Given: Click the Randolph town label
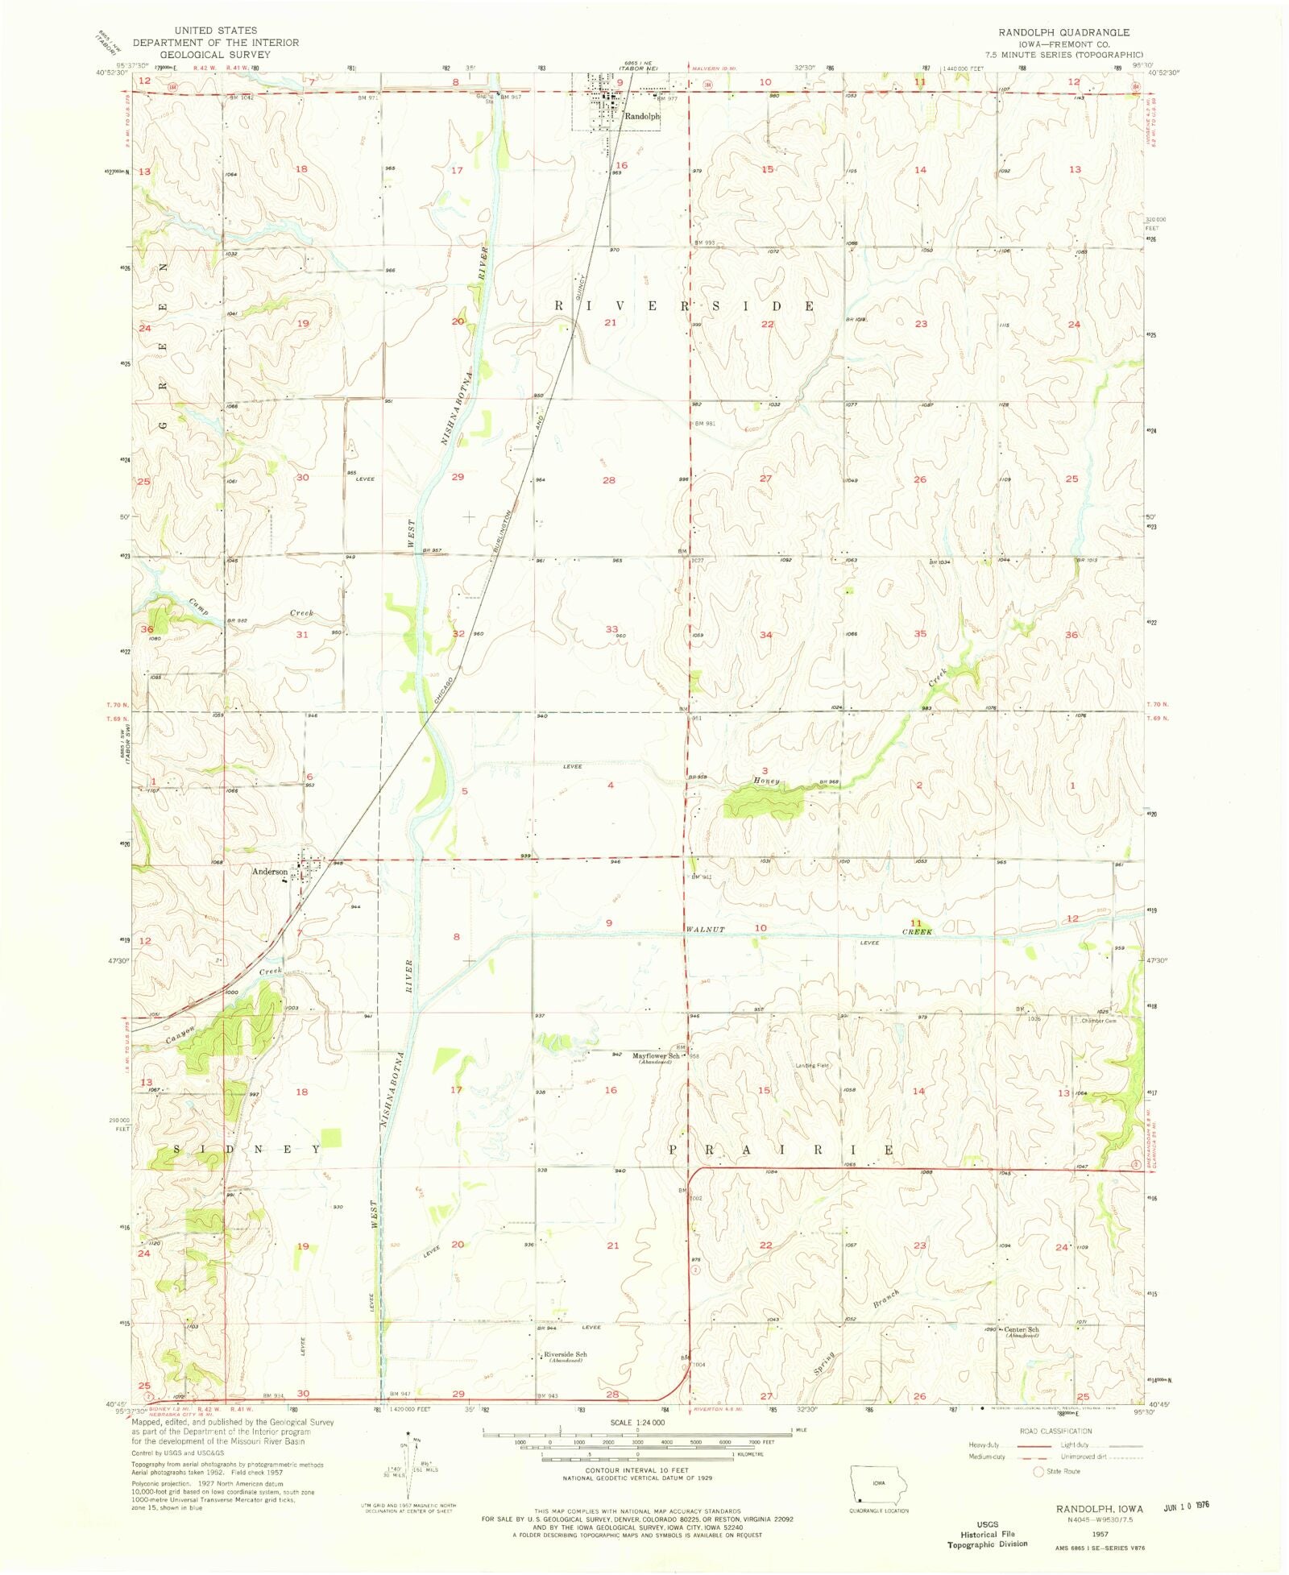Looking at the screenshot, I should tap(642, 117).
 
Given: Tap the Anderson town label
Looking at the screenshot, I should tap(269, 872).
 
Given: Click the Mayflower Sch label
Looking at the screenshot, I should tap(655, 1055).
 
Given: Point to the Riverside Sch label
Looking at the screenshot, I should tap(565, 1354).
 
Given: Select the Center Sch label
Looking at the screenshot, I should tap(1021, 1329).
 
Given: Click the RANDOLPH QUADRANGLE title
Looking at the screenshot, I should tap(1063, 32).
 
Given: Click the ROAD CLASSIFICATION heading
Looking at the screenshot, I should tap(1055, 1431).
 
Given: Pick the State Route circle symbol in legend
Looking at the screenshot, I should tap(1038, 1472).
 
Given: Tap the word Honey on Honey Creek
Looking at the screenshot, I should tap(766, 781).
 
